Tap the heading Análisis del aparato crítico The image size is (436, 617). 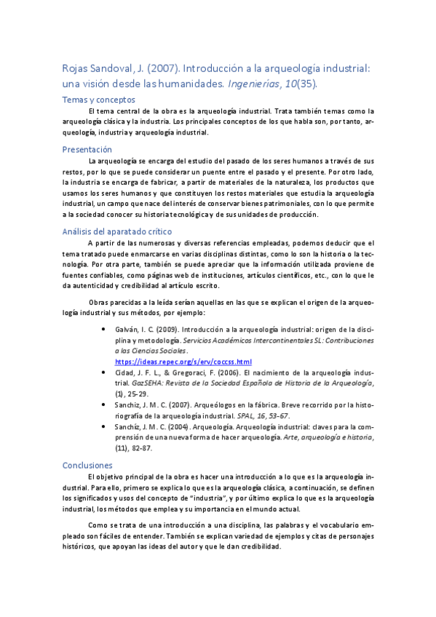(x=111, y=232)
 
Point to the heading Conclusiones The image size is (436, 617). (x=87, y=464)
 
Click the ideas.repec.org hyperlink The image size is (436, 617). (x=183, y=361)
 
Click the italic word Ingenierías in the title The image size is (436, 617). (x=278, y=84)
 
